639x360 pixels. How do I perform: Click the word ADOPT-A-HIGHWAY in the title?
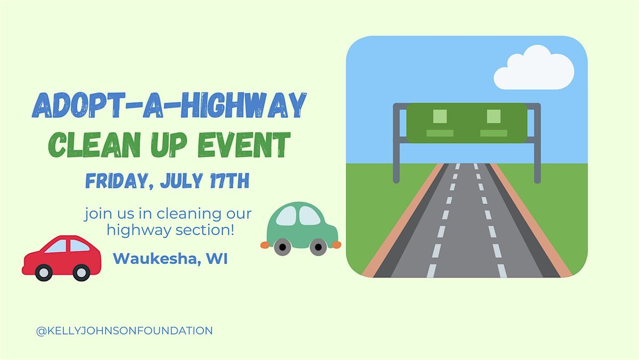point(169,105)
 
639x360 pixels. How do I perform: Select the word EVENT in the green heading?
point(244,145)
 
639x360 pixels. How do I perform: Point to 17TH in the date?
point(230,181)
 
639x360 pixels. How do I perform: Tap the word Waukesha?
point(155,259)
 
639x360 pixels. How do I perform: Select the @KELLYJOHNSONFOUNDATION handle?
point(125,331)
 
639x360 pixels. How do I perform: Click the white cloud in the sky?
point(534,69)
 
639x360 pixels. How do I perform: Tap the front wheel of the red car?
point(44,273)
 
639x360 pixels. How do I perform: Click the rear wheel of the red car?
point(81,273)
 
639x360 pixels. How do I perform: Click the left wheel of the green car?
point(282,247)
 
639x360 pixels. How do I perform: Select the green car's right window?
point(309,216)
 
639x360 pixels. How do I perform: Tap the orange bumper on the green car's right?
point(337,245)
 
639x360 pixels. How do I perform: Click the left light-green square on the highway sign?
point(440,117)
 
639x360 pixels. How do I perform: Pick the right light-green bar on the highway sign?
point(494,133)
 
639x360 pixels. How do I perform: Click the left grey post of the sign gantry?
point(396,143)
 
